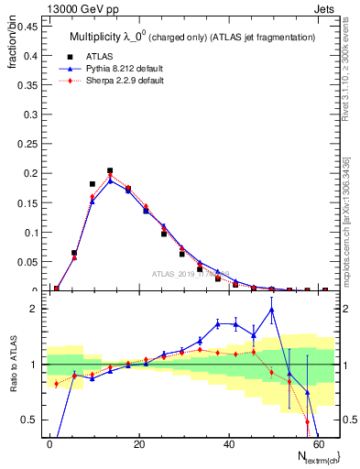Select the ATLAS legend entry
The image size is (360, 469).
click(x=101, y=56)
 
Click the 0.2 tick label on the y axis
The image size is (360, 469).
click(x=29, y=173)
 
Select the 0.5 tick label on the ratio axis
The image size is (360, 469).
click(x=29, y=420)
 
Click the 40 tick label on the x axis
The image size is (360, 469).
click(x=227, y=443)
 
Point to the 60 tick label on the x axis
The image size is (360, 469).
click(x=317, y=443)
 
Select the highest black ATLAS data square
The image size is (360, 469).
click(x=110, y=170)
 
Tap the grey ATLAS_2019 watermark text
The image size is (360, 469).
click(x=187, y=273)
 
